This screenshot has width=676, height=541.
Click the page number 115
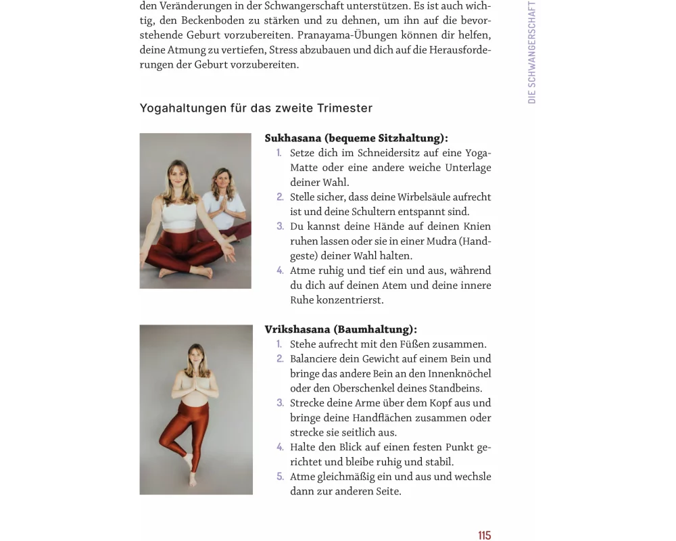(x=484, y=536)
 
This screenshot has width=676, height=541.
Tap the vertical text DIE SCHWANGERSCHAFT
(x=532, y=52)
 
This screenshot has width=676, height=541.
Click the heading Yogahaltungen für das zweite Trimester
(x=256, y=108)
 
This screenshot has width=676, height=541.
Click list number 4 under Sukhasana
(x=280, y=270)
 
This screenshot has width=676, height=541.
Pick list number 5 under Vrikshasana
(x=280, y=477)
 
